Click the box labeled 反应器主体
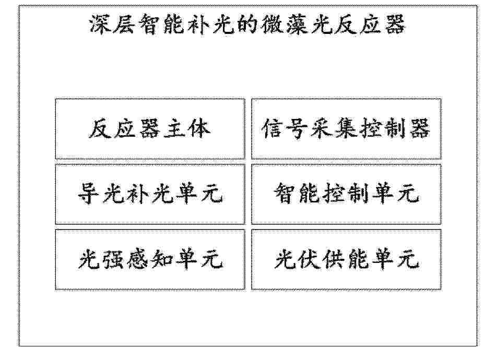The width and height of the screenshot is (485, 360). (150, 128)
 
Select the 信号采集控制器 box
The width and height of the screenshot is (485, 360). (346, 128)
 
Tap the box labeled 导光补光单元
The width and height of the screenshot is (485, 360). (150, 194)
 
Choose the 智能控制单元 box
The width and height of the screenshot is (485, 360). (346, 194)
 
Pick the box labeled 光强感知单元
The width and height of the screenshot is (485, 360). (150, 259)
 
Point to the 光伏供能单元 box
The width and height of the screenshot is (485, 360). (346, 259)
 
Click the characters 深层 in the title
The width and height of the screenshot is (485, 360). (112, 24)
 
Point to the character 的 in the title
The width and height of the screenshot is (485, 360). (246, 24)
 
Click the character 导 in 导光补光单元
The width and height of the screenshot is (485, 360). (88, 194)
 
